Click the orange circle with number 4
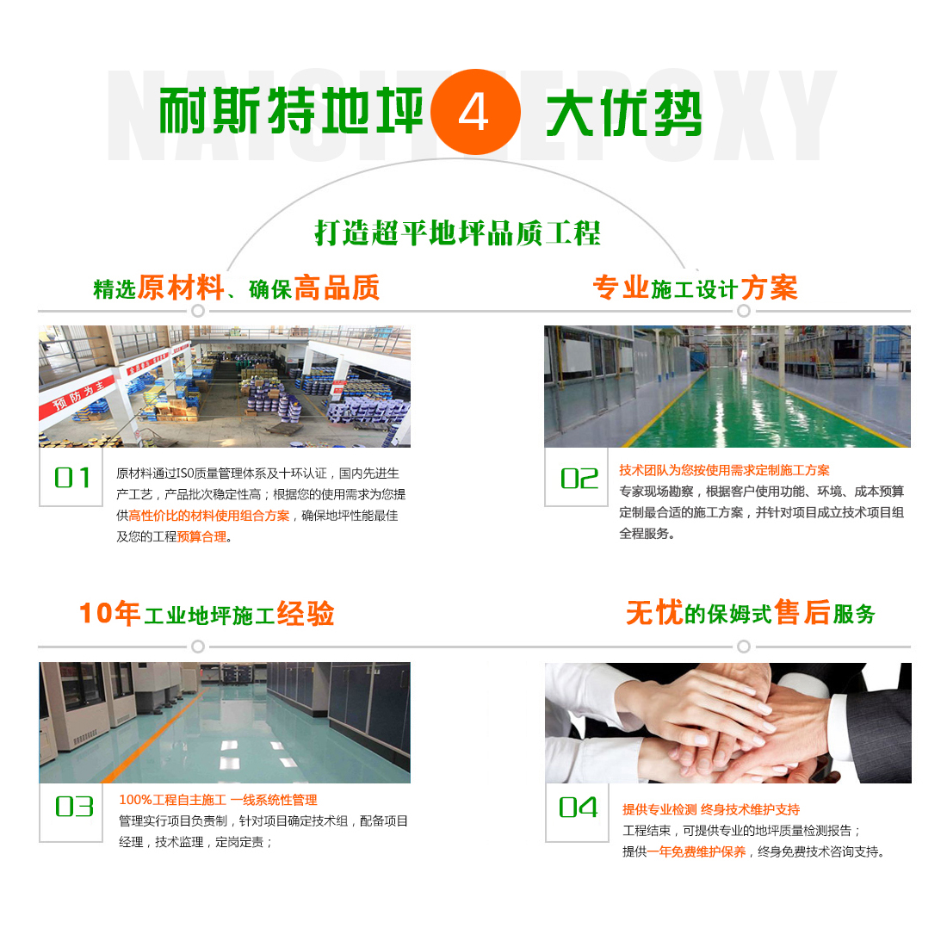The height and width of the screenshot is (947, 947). click(x=475, y=112)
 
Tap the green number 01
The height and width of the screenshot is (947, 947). click(x=71, y=478)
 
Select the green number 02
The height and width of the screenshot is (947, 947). click(x=579, y=479)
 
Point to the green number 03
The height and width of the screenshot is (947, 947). click(x=74, y=807)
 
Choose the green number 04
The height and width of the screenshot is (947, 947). click(x=578, y=807)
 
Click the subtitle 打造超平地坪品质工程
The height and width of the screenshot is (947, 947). click(x=458, y=233)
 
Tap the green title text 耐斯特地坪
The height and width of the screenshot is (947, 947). click(x=291, y=110)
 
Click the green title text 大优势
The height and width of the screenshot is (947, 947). click(x=624, y=113)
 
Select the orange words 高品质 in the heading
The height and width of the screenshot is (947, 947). click(x=337, y=288)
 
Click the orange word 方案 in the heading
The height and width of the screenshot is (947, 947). click(x=769, y=288)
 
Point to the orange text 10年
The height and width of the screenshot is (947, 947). click(x=110, y=613)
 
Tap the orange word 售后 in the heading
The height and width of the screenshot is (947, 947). click(x=802, y=612)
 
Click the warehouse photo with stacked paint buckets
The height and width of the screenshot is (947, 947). click(x=225, y=387)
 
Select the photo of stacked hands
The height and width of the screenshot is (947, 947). click(x=727, y=723)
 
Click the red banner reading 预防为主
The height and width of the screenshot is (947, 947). click(x=77, y=397)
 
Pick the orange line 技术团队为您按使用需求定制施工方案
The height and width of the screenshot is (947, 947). click(x=724, y=470)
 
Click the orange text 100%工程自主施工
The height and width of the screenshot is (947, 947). click(x=173, y=800)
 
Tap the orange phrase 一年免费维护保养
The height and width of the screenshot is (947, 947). click(x=696, y=851)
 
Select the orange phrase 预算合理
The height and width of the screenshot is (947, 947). click(x=201, y=536)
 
